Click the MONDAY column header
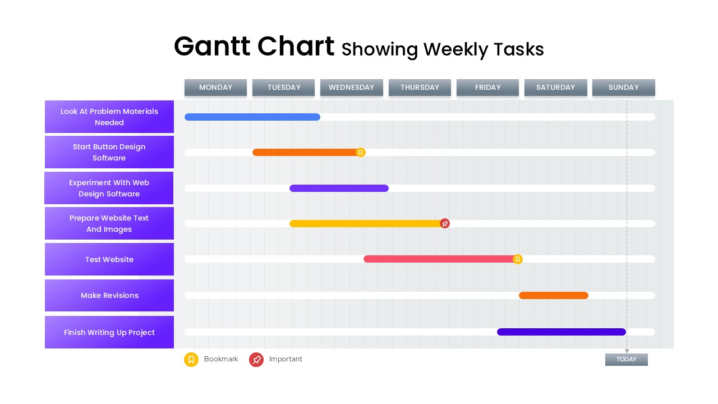point(215,88)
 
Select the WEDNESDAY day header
point(351,88)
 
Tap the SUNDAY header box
point(623,88)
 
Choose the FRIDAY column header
point(487,88)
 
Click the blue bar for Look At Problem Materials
point(252,117)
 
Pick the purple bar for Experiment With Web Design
point(339,189)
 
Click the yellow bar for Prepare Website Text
point(365,224)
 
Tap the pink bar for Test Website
point(438,259)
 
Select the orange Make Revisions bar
point(553,296)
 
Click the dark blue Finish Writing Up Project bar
point(561,332)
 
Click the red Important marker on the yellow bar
point(445,224)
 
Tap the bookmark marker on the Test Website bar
point(518,259)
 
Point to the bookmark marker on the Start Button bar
point(361,153)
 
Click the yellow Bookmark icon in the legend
point(191,360)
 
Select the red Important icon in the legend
point(256,360)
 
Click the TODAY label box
point(626,360)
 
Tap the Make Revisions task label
point(109,296)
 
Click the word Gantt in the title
point(214,47)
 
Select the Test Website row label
point(109,260)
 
